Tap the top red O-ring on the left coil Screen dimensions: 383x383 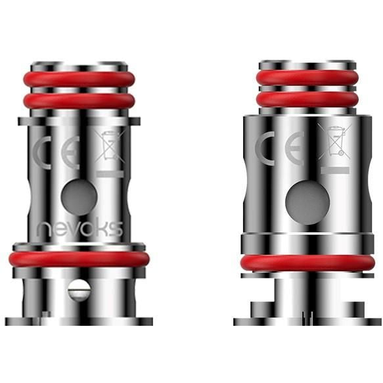[79, 79]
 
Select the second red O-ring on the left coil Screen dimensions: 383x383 [79, 101]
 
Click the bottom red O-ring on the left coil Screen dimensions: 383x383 [79, 259]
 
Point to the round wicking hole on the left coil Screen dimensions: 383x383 [79, 197]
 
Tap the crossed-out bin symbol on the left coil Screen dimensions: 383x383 [110, 146]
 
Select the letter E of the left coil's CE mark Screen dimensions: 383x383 [70, 153]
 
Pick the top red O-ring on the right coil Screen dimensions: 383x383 [307, 78]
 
